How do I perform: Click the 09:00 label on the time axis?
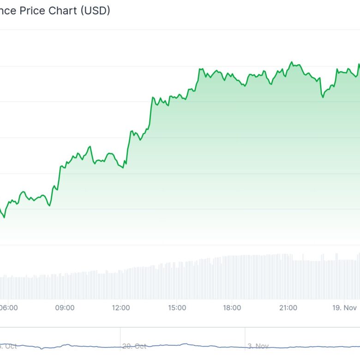point(65,308)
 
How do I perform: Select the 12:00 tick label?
point(121,308)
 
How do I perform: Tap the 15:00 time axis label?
point(177,308)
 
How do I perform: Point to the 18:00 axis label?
point(232,308)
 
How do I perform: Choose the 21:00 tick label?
point(288,308)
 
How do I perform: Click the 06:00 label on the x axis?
point(8,308)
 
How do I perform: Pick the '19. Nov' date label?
point(345,308)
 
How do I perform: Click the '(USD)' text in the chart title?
point(95,11)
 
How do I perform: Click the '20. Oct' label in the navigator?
point(134,346)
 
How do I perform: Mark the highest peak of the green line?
point(291,61)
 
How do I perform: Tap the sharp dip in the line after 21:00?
point(323,97)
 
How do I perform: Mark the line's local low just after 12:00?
point(123,168)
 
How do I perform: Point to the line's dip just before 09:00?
point(49,206)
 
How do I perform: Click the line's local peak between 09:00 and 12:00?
point(90,146)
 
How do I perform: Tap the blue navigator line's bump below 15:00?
point(185,344)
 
